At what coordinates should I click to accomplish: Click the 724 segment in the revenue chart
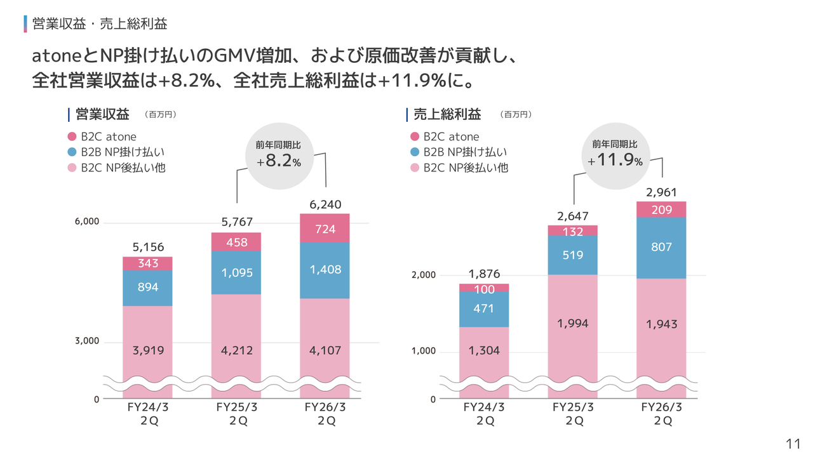pyautogui.click(x=325, y=228)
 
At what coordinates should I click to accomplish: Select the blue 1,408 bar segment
pyautogui.click(x=325, y=270)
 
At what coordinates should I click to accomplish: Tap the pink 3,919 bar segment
pyautogui.click(x=147, y=350)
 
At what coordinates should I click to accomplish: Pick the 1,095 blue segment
pyautogui.click(x=236, y=272)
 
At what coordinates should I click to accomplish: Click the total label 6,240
pyautogui.click(x=325, y=204)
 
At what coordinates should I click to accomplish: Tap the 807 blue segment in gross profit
pyautogui.click(x=661, y=248)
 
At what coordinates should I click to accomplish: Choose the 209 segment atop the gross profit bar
pyautogui.click(x=661, y=209)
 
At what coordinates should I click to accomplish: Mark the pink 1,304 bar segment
pyautogui.click(x=484, y=350)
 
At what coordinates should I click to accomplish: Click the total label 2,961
pyautogui.click(x=661, y=192)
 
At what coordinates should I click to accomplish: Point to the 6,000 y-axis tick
pyautogui.click(x=88, y=222)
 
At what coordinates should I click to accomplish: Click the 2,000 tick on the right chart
pyautogui.click(x=423, y=275)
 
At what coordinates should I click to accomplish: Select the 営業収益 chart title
pyautogui.click(x=102, y=115)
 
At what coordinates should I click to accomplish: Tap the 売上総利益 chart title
pyautogui.click(x=447, y=115)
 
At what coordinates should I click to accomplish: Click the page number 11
pyautogui.click(x=793, y=444)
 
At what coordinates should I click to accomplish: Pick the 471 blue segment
pyautogui.click(x=484, y=309)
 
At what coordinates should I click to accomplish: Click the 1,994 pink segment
pyautogui.click(x=573, y=324)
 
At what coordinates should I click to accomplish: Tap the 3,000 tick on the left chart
pyautogui.click(x=88, y=341)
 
